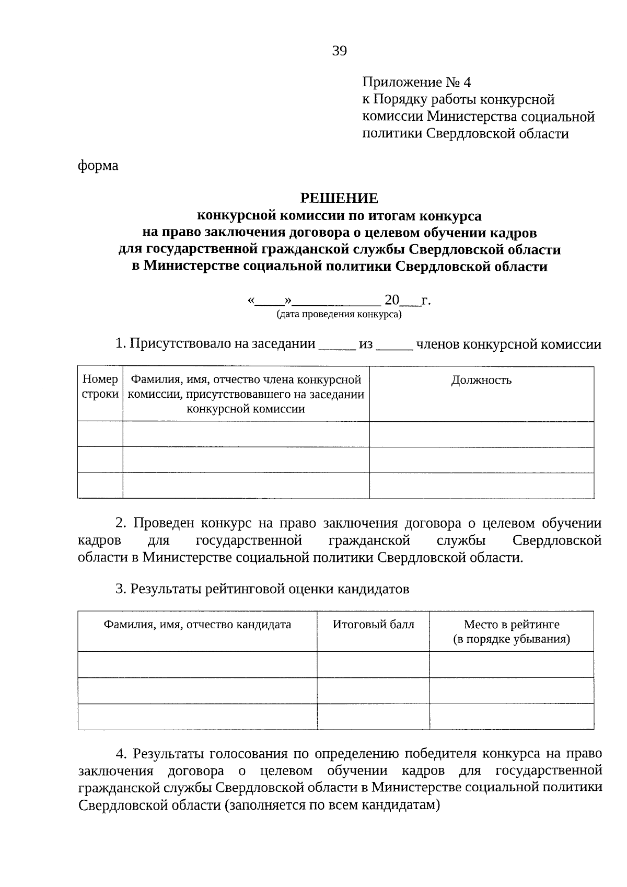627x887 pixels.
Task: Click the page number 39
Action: [x=339, y=51]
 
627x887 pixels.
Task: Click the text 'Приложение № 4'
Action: [x=416, y=83]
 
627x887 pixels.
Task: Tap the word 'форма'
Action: [x=98, y=166]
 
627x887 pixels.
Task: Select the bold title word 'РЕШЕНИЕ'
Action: [x=339, y=199]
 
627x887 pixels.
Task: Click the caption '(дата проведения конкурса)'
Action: [x=339, y=314]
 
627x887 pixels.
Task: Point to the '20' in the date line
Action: [x=391, y=300]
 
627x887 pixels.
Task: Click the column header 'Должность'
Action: [x=481, y=381]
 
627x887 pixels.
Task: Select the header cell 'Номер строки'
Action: [x=100, y=387]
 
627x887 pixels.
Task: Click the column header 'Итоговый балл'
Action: [x=373, y=625]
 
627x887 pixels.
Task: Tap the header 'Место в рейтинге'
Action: [x=511, y=625]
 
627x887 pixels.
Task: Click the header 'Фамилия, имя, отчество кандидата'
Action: [x=197, y=625]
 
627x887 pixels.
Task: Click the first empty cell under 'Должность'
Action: [x=481, y=434]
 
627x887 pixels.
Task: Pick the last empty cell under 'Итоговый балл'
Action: [x=373, y=716]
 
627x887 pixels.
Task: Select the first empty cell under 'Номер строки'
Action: [x=100, y=434]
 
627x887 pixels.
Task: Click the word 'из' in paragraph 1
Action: [x=366, y=344]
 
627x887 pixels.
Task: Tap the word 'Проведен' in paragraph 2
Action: [x=165, y=524]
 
